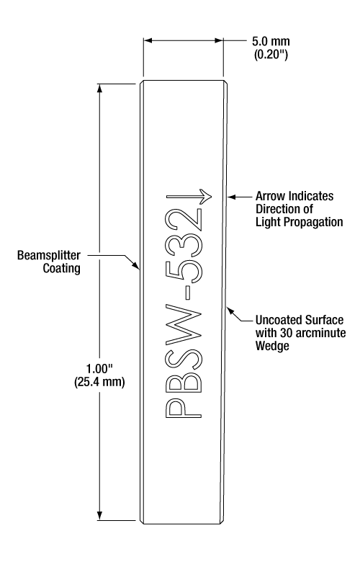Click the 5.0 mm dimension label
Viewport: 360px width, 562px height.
271,41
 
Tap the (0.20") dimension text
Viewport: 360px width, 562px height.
271,55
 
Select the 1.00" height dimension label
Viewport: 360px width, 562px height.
99,369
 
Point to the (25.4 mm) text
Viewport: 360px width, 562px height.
99,382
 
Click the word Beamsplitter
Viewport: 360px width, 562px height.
49,255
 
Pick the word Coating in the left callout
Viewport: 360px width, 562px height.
62,268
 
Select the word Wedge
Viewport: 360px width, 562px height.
272,346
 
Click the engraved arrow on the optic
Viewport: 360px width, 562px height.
189,196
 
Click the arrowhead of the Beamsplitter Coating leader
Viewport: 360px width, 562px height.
136,265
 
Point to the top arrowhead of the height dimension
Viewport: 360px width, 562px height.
100,88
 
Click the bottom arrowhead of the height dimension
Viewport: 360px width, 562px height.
100,515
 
